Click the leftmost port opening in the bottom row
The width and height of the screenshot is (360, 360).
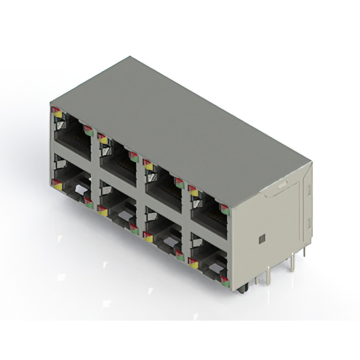[72, 181]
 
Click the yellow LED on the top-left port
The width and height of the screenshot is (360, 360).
[58, 114]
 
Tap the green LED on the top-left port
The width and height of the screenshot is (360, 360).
[88, 132]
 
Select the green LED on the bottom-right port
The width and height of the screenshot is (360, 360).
[224, 279]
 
